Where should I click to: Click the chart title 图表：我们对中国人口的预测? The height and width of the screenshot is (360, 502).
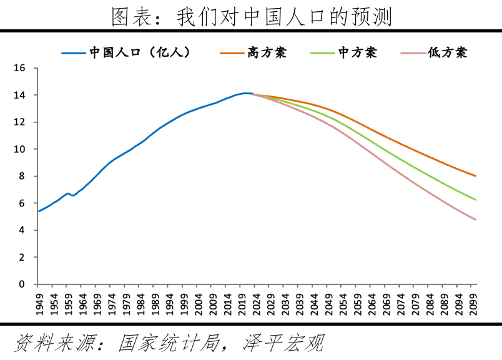pos(251,17)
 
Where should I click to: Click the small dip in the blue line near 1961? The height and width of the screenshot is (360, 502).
pos(73,195)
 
